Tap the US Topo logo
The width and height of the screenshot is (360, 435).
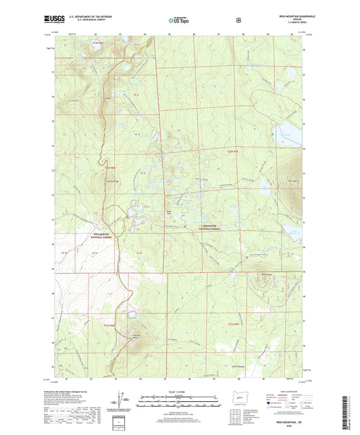point(179,20)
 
